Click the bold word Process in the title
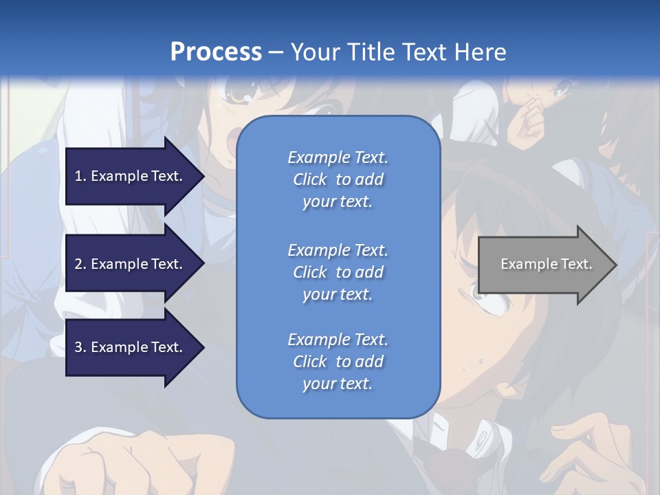[x=216, y=52]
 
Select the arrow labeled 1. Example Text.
[x=131, y=176]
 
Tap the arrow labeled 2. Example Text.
[x=131, y=264]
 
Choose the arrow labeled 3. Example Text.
[x=131, y=347]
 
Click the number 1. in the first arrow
[x=80, y=176]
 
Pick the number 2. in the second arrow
[x=80, y=264]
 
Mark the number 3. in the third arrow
[x=80, y=347]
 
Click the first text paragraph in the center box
[x=338, y=179]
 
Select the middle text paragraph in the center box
[x=338, y=272]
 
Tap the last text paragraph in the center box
[x=338, y=362]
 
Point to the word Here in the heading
[x=480, y=52]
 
